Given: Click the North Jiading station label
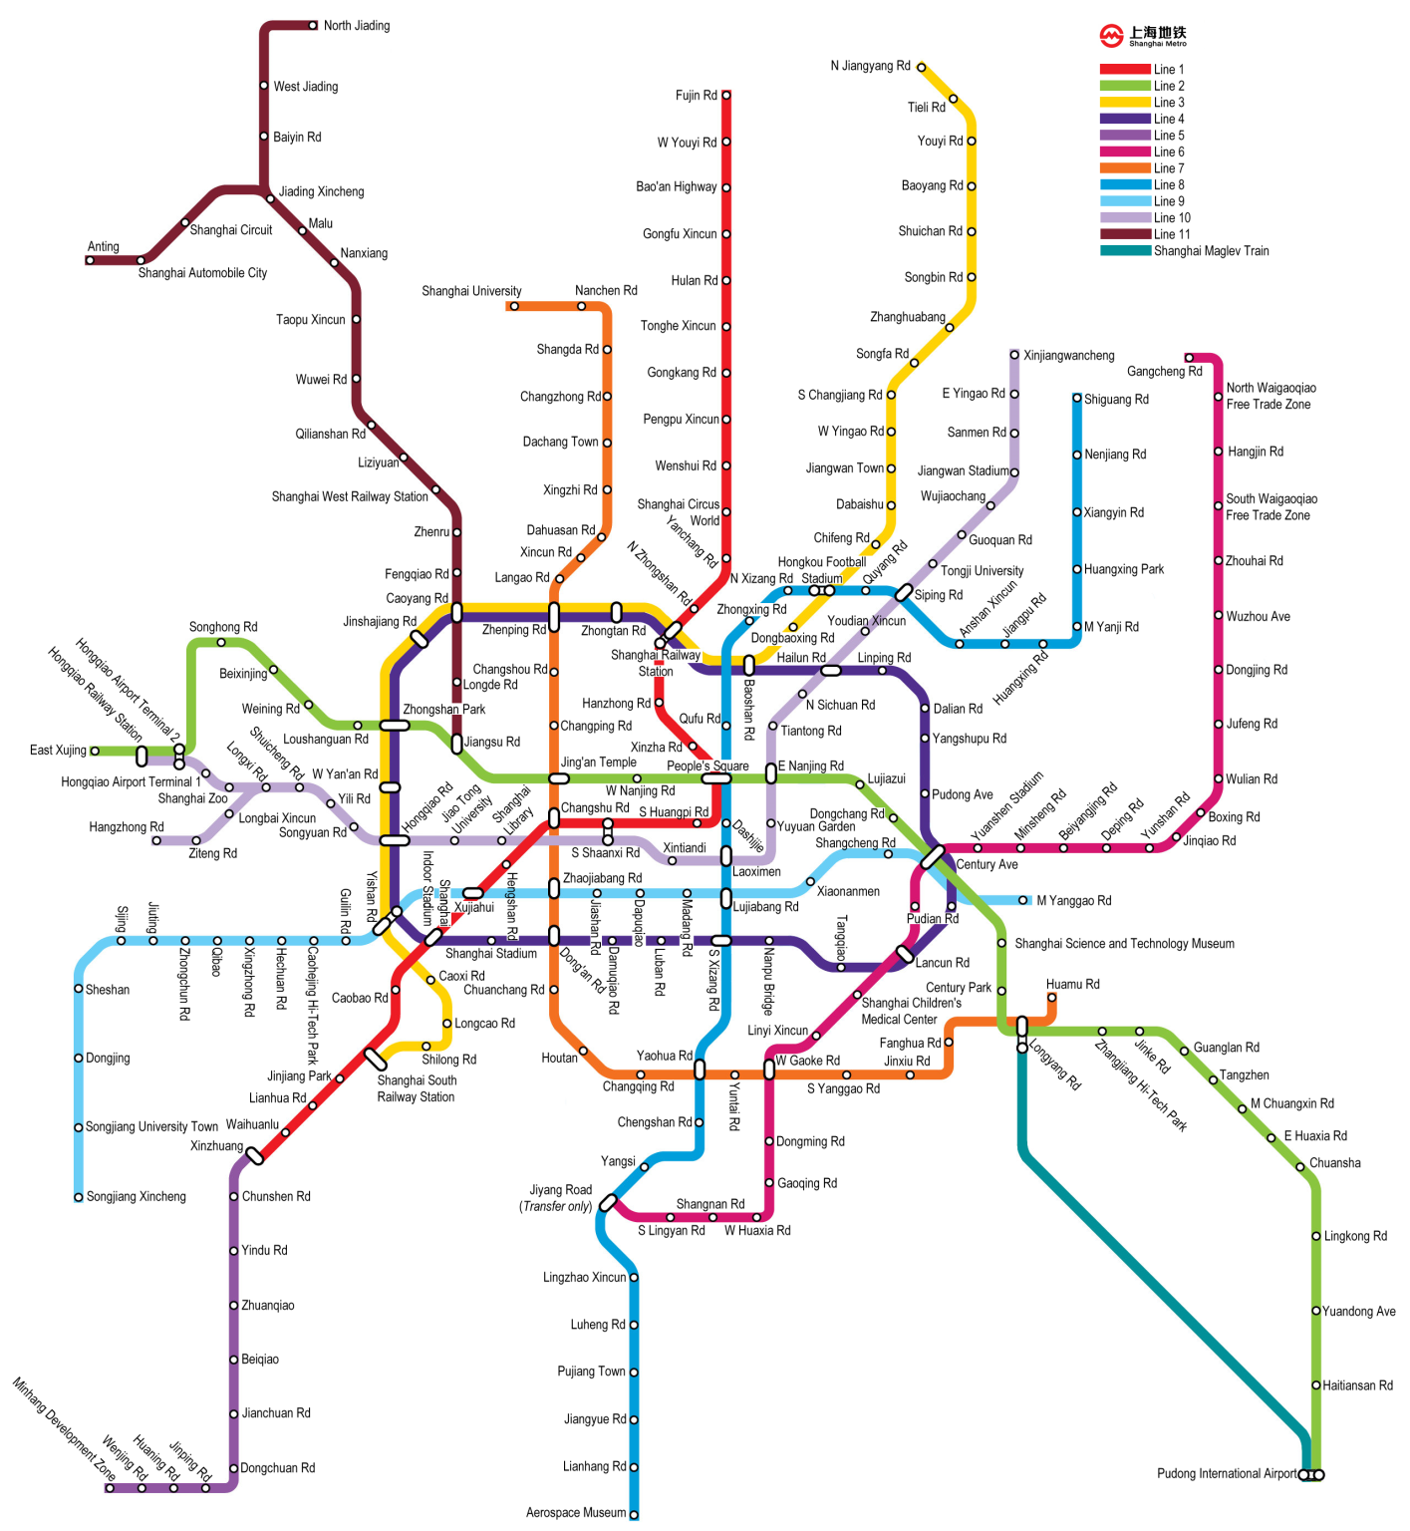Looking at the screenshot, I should pyautogui.click(x=356, y=26).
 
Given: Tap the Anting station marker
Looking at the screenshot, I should pyautogui.click(x=90, y=261).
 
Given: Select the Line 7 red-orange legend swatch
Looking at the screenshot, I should pyautogui.click(x=1125, y=168).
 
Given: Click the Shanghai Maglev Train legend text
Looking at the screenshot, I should pyautogui.click(x=1211, y=251).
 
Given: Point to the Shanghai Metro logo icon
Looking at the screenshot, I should pyautogui.click(x=1111, y=37).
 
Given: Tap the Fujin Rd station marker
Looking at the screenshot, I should pyautogui.click(x=726, y=96).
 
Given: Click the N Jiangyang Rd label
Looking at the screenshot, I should pyautogui.click(x=870, y=66).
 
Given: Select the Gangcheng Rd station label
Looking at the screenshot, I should pyautogui.click(x=1164, y=372).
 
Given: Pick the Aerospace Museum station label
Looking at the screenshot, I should pyautogui.click(x=576, y=1513).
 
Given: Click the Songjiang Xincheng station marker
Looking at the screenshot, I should pyautogui.click(x=79, y=1197).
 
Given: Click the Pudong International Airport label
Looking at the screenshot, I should pyautogui.click(x=1227, y=1473).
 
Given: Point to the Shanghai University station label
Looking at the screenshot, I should pyautogui.click(x=471, y=291).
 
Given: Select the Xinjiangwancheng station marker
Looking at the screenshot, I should pyautogui.click(x=1014, y=355).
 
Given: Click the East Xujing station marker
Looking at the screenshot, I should pyautogui.click(x=95, y=751).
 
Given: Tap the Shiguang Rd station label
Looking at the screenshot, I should pyautogui.click(x=1116, y=400).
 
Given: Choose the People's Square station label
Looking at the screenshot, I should pyautogui.click(x=707, y=766).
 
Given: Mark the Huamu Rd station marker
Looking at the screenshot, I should pyautogui.click(x=1051, y=998).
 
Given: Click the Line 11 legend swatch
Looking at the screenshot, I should pyautogui.click(x=1125, y=234).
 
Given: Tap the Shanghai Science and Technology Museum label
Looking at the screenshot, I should pyautogui.click(x=1124, y=944).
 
